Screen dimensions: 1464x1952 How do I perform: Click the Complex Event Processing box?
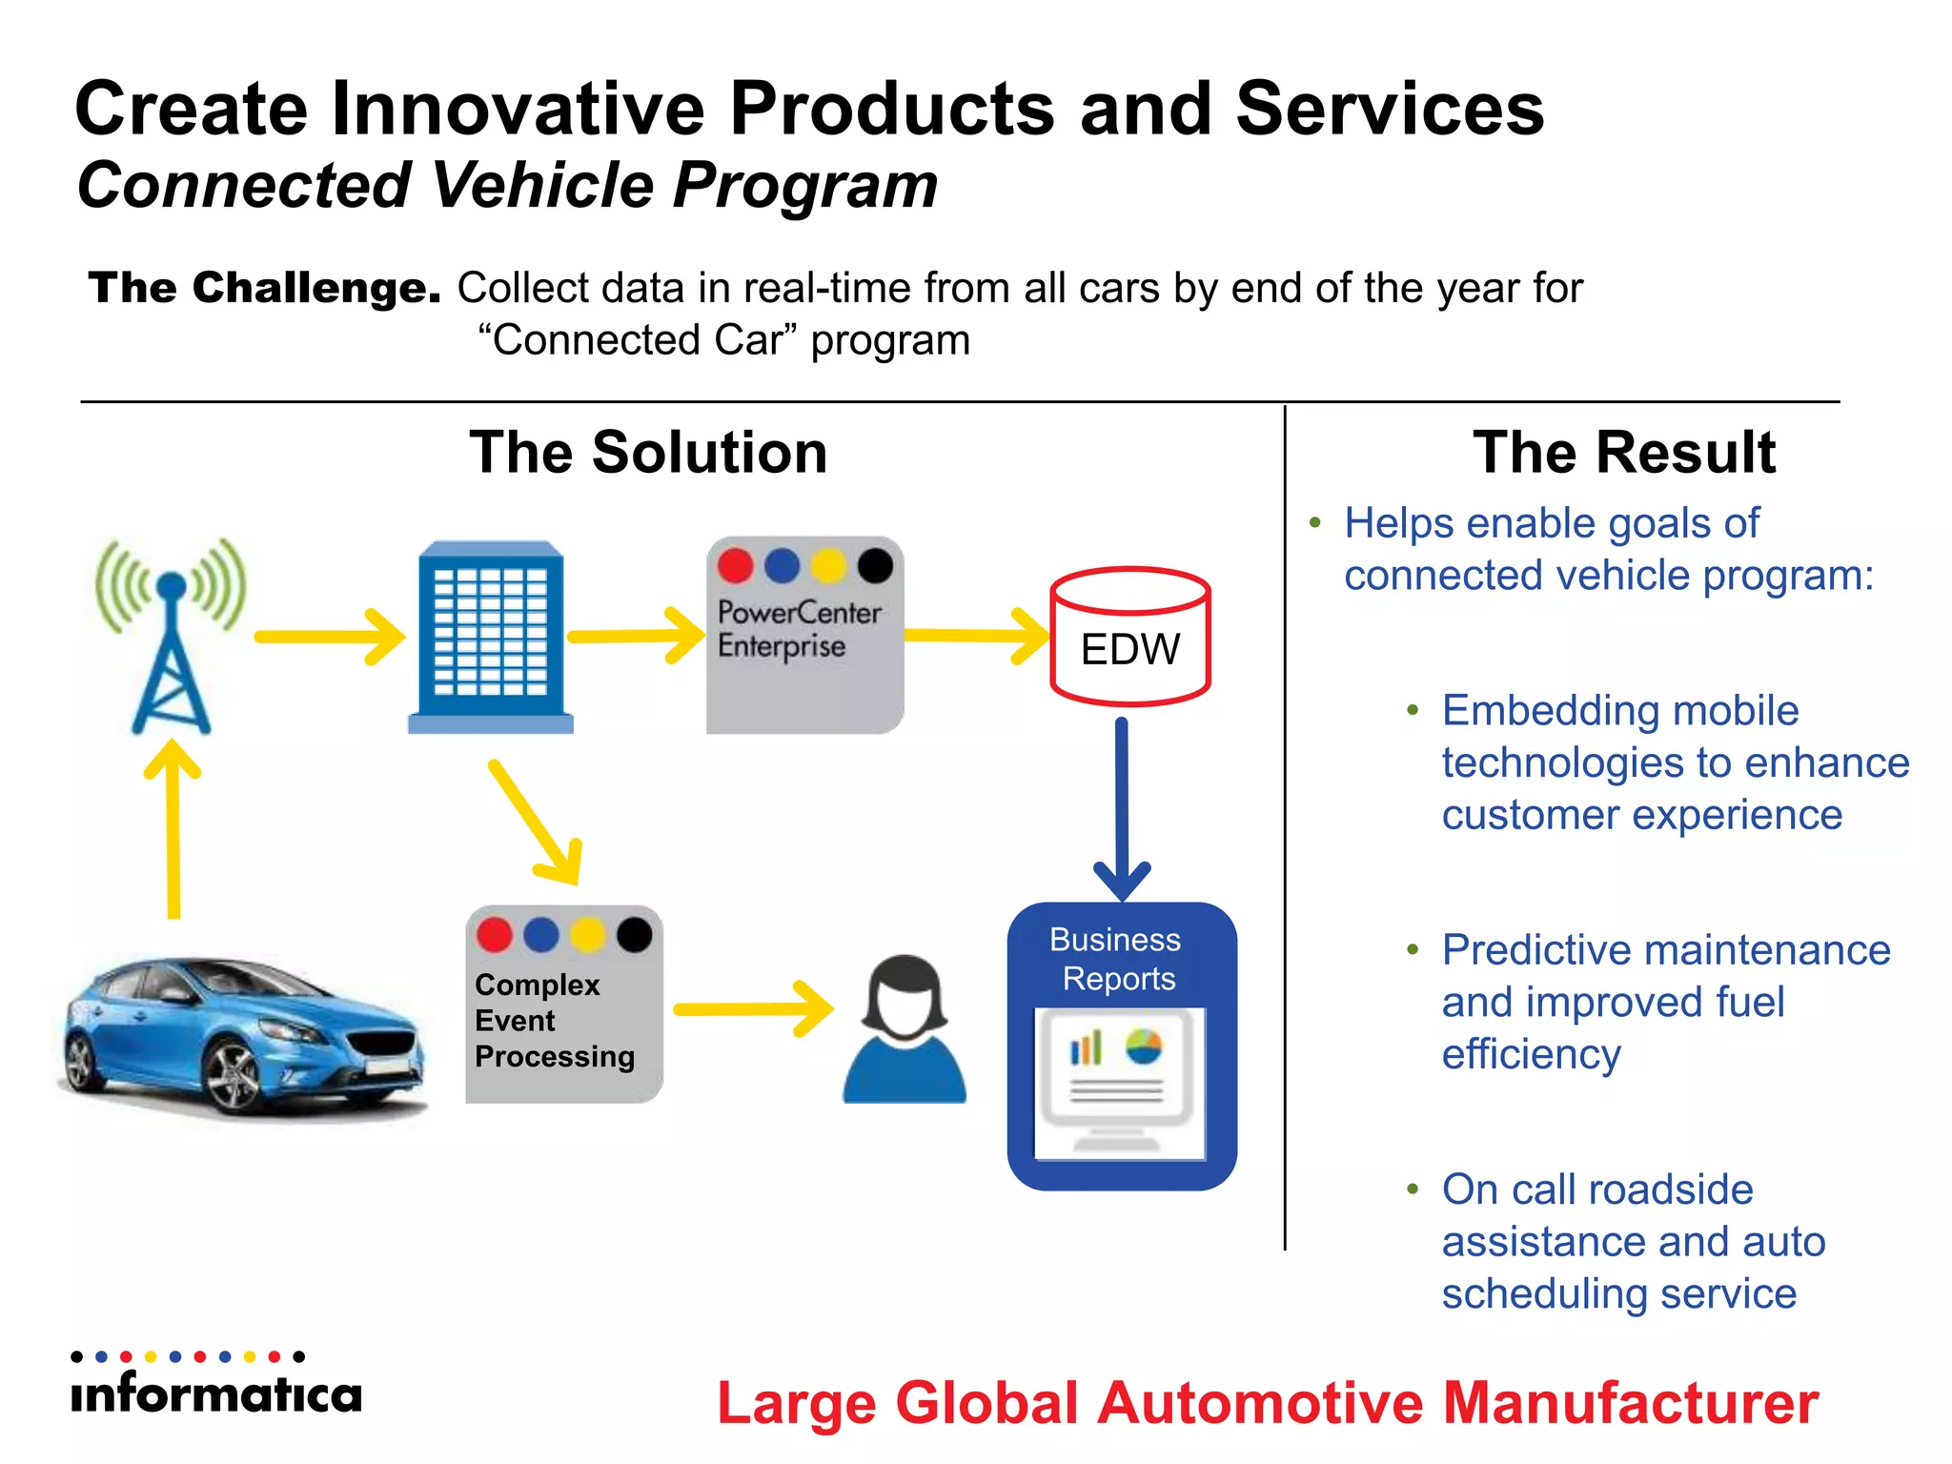point(563,1005)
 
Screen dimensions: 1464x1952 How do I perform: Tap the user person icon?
point(905,1029)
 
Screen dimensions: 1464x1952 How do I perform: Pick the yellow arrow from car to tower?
point(173,829)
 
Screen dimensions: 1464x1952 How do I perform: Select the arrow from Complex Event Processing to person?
point(753,1008)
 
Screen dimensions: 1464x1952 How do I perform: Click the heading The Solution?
point(648,452)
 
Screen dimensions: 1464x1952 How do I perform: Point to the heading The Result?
point(1623,452)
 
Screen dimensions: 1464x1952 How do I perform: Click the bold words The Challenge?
point(264,288)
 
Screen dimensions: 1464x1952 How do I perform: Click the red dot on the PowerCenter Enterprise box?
point(735,565)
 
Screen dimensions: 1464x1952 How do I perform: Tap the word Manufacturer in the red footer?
point(1630,1403)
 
